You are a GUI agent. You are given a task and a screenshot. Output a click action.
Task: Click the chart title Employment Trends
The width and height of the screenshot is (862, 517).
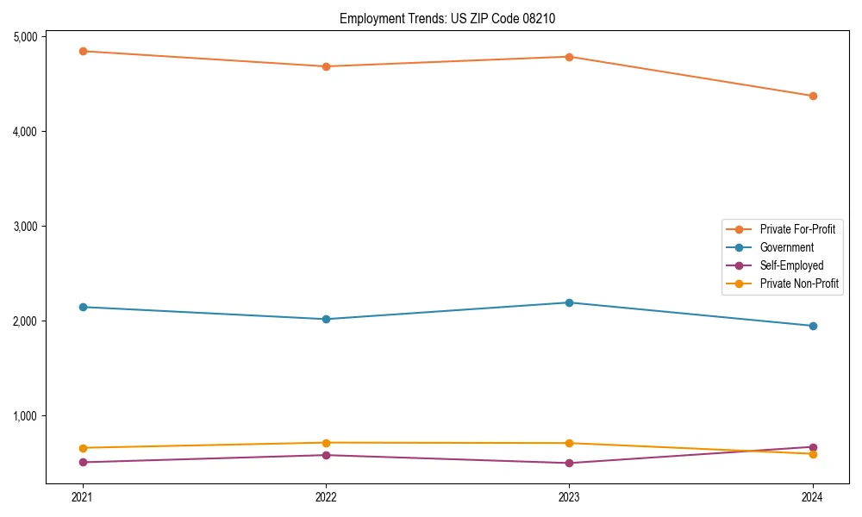(453, 18)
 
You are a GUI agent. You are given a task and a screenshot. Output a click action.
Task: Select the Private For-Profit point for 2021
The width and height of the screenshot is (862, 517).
(83, 51)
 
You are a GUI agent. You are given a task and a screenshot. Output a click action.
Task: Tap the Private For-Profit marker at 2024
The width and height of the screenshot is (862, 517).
(813, 96)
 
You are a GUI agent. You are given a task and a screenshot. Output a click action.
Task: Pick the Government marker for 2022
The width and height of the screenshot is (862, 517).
(326, 319)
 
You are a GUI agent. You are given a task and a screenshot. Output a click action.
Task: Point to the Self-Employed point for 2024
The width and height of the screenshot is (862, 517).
(813, 447)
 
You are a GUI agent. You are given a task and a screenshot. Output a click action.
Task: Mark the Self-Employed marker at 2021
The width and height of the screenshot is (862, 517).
(83, 462)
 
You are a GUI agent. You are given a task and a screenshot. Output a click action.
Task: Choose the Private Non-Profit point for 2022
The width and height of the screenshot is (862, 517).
(326, 443)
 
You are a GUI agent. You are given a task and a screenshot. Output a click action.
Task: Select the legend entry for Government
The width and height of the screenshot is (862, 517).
(786, 247)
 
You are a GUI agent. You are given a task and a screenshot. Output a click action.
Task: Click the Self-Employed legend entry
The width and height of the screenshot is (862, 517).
(791, 265)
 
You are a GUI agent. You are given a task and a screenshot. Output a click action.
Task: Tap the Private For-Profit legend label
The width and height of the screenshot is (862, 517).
(797, 229)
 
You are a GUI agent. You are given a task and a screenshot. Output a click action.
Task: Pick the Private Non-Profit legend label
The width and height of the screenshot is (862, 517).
(799, 283)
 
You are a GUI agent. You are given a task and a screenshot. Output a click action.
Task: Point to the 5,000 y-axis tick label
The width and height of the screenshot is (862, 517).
(25, 36)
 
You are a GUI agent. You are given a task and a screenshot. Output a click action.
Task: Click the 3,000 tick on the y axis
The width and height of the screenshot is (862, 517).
(25, 226)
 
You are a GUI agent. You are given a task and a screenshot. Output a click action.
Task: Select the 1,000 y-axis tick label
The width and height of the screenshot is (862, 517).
(25, 415)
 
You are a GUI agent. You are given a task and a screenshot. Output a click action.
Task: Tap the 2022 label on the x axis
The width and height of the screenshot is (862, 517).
(326, 496)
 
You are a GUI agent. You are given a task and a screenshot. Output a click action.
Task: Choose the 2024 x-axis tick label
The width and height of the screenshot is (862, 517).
(813, 496)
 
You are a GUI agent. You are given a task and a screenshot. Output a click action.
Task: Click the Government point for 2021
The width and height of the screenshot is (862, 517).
(83, 307)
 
